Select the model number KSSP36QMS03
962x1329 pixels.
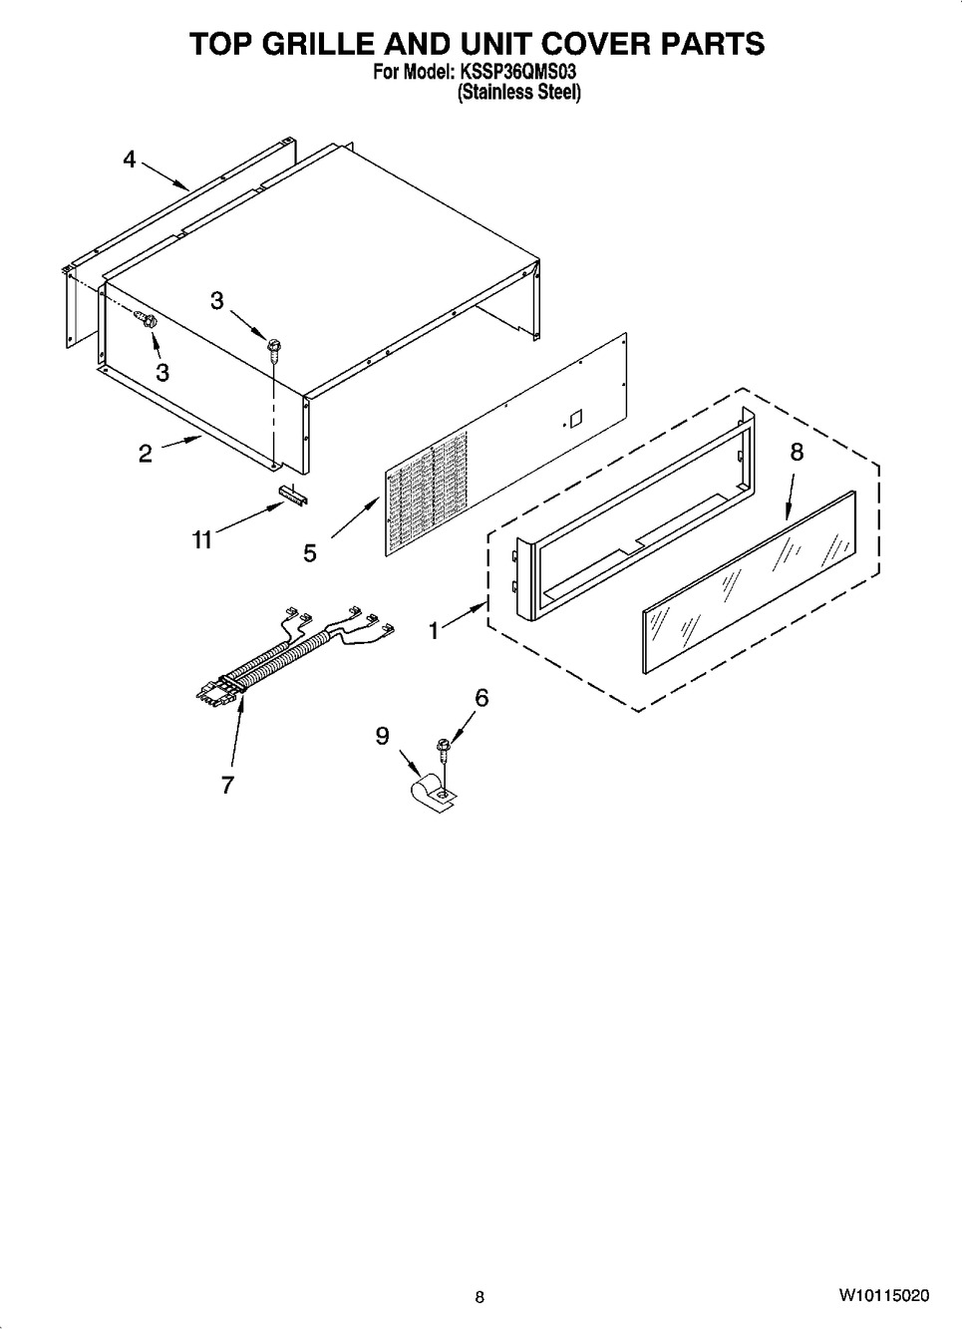tap(515, 73)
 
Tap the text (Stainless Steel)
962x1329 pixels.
tap(518, 93)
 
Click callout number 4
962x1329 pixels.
tap(130, 159)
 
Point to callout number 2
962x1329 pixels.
tap(146, 454)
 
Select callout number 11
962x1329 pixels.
tap(201, 539)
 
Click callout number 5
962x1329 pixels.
tap(310, 553)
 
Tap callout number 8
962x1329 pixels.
tap(797, 452)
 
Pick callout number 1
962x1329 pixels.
tap(434, 631)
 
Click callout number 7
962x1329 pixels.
tap(227, 785)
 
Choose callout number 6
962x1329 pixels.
tap(481, 698)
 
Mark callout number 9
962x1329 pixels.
tap(382, 737)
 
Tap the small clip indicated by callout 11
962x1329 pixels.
tap(292, 494)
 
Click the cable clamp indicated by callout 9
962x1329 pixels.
tap(434, 795)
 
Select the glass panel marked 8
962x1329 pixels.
tap(750, 582)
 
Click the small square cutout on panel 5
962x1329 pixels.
tap(576, 420)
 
